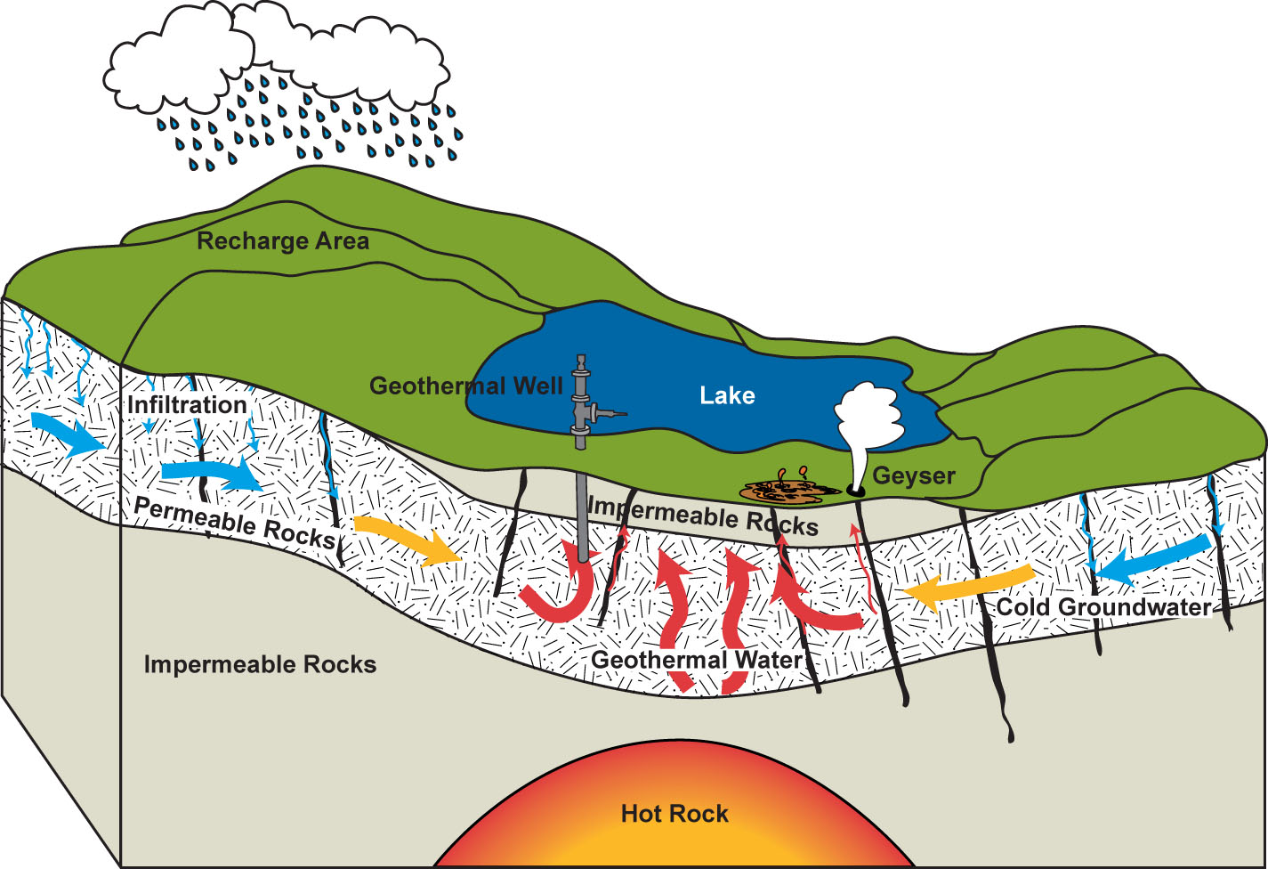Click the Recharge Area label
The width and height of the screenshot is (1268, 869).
[x=283, y=241]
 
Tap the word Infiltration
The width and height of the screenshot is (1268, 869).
[x=187, y=405]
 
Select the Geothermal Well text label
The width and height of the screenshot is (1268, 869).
[x=466, y=386]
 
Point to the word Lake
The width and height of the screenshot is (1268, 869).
[x=727, y=396]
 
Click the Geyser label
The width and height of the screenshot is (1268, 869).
[x=913, y=475]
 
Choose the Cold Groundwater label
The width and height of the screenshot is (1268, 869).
[x=1103, y=607]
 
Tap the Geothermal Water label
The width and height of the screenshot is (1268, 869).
[x=697, y=660]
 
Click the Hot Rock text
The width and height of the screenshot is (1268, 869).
[x=674, y=814]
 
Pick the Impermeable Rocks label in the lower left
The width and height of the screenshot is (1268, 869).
[x=260, y=665]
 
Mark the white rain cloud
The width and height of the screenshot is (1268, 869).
[x=276, y=62]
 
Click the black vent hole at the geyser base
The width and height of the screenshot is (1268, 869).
[x=855, y=490]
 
